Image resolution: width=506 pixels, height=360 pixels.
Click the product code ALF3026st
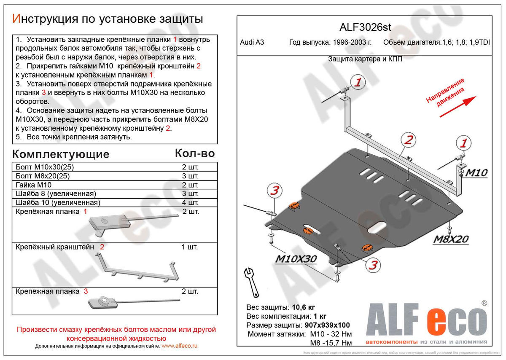point(365,27)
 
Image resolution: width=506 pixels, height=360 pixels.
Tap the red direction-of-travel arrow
point(458,106)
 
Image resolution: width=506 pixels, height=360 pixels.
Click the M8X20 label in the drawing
point(451,239)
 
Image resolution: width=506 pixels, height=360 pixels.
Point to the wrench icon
point(251,281)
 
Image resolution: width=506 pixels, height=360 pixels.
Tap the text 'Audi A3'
point(252,43)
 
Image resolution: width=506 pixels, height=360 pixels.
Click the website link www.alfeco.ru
point(179,346)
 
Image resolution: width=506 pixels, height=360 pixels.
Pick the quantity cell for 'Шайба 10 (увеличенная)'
point(190,202)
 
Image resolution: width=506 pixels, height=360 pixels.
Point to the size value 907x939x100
point(326,325)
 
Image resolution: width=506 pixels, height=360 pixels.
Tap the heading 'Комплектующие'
point(60,154)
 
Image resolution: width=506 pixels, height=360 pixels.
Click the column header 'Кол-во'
point(195,153)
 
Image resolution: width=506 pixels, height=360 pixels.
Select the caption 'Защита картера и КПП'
point(365,59)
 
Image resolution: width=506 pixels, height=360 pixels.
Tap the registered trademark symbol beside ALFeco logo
point(484,303)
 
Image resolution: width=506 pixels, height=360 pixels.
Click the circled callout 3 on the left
point(274,191)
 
